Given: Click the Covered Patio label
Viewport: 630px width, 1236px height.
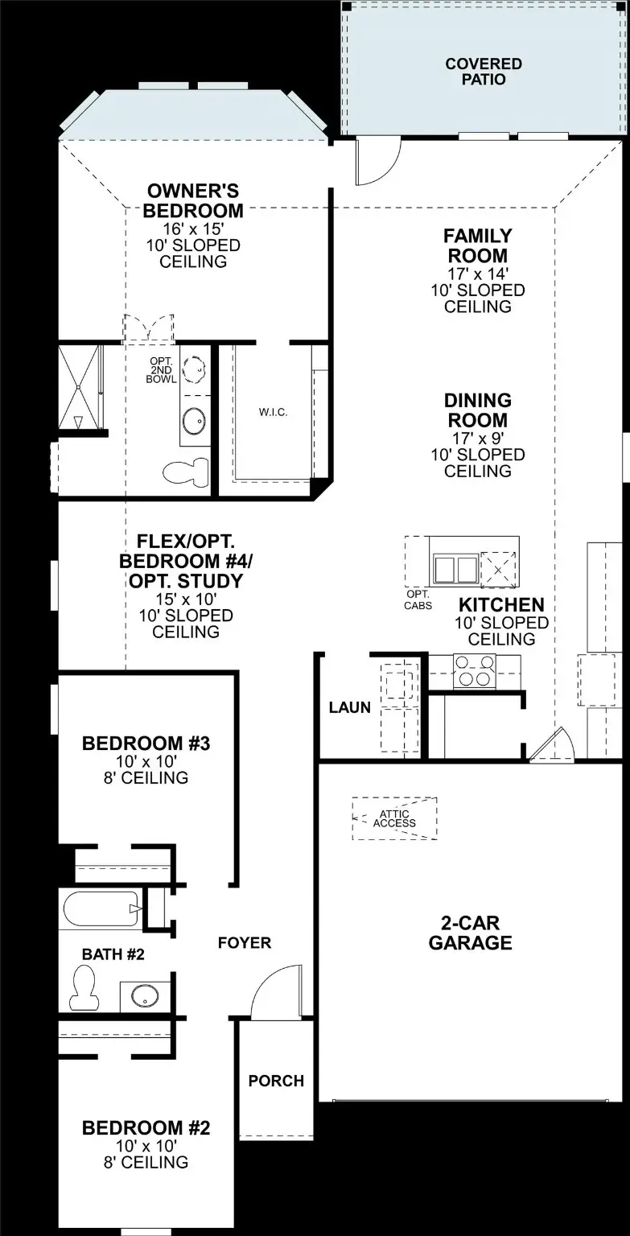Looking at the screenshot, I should pyautogui.click(x=484, y=72).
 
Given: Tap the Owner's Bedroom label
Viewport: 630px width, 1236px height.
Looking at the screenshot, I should pyautogui.click(x=193, y=201).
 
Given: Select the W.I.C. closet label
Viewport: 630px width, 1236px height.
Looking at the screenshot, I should pyautogui.click(x=273, y=412).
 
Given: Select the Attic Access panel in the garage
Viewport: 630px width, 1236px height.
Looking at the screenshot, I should pyautogui.click(x=394, y=818).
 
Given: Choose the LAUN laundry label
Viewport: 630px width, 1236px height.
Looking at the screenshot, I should pyautogui.click(x=349, y=707).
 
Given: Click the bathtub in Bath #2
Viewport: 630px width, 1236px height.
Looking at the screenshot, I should pyautogui.click(x=98, y=909).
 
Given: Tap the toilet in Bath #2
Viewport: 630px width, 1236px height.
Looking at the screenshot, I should pyautogui.click(x=84, y=987).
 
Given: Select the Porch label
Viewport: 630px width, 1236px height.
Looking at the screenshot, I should pyautogui.click(x=276, y=1081).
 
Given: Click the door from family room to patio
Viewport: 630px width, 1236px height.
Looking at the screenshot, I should pyautogui.click(x=377, y=160).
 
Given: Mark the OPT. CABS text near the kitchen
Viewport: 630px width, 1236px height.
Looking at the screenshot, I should pyautogui.click(x=418, y=600).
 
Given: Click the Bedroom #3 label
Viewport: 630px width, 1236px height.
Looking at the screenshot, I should pyautogui.click(x=146, y=743).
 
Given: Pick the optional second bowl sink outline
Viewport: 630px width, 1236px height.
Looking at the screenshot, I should pyautogui.click(x=195, y=369).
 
